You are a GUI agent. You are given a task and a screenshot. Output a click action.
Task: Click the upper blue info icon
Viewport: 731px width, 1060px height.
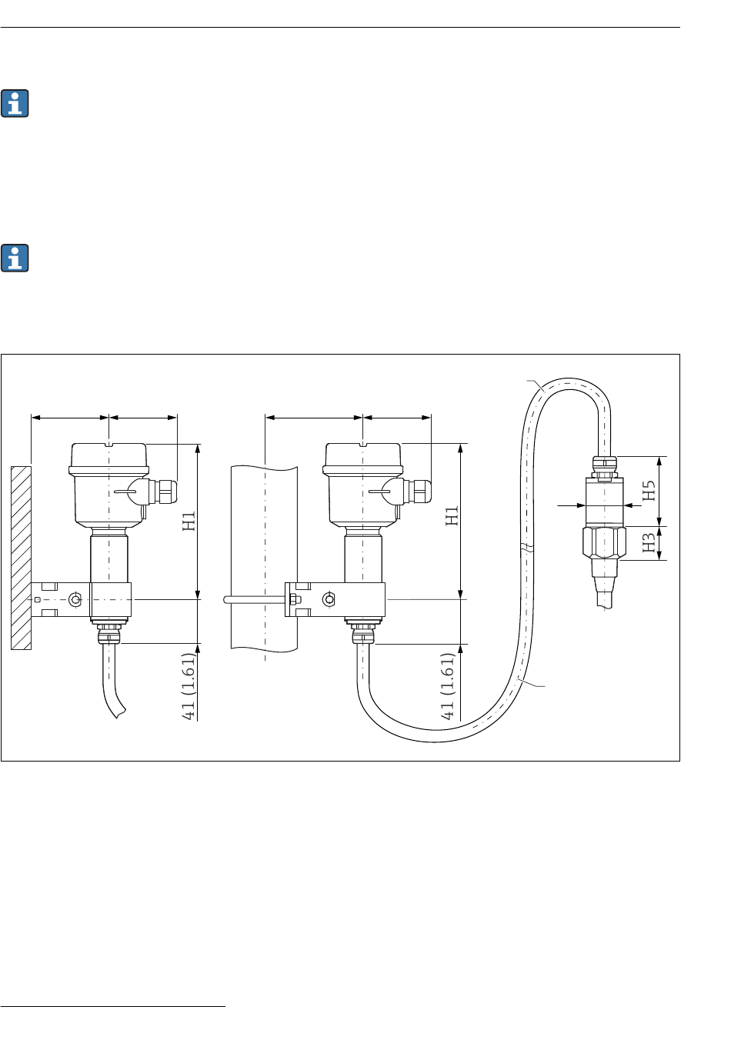coord(15,103)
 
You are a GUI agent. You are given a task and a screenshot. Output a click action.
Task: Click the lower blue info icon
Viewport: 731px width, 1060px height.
coord(15,258)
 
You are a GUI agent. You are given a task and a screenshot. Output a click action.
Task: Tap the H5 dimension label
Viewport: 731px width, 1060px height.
coord(649,490)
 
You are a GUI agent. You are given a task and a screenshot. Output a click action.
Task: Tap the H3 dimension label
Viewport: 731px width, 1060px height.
coord(649,542)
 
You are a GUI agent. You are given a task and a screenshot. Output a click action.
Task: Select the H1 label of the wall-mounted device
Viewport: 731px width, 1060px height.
coord(189,521)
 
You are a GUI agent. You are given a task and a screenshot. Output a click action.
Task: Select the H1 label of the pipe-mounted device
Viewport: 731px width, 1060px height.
coord(452,515)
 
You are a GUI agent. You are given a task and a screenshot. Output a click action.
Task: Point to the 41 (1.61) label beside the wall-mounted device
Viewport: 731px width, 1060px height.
coord(189,687)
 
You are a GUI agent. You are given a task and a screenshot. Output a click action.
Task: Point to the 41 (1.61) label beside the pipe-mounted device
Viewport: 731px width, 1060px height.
coord(447,687)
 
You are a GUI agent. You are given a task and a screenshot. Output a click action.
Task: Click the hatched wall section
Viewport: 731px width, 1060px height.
coord(21,558)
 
